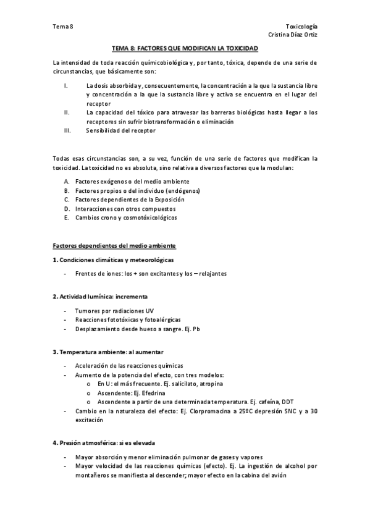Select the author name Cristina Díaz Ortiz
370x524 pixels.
293,35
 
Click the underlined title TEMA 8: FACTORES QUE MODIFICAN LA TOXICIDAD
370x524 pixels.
185,48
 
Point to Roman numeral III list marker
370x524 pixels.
69,130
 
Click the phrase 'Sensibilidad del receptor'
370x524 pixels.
121,130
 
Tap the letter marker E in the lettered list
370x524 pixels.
66,218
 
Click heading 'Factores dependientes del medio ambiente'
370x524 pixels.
114,245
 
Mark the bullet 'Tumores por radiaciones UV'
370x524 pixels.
114,310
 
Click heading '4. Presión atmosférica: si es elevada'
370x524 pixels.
105,443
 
